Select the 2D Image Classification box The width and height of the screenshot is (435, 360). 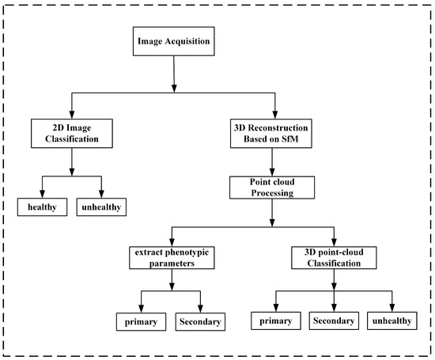tap(72, 131)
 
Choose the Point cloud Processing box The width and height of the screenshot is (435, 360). tap(273, 188)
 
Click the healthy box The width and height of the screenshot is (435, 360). tap(42, 207)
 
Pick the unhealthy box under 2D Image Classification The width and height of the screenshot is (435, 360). tap(103, 207)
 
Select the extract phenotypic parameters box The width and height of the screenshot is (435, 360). tap(169, 260)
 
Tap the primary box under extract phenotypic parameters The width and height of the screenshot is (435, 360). tap(141, 321)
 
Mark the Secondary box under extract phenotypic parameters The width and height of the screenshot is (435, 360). tap(199, 321)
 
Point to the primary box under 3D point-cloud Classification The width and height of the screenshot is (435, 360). tap(277, 321)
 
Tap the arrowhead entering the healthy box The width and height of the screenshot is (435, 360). tap(42, 195)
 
